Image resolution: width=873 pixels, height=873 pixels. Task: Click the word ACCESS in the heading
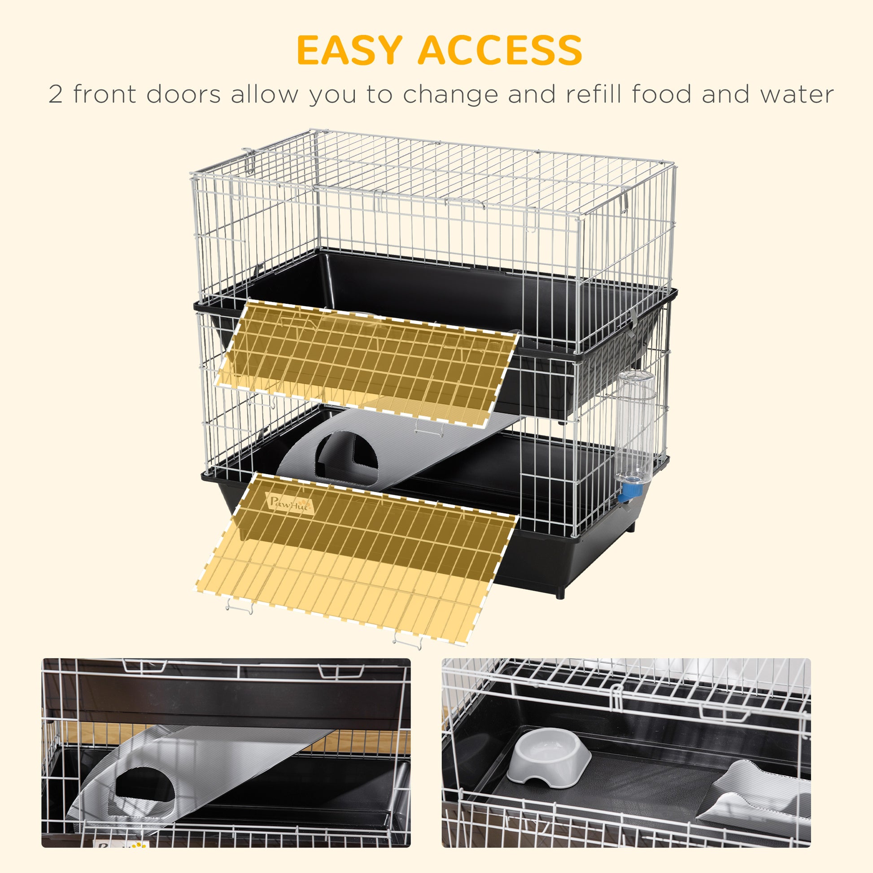[x=500, y=51]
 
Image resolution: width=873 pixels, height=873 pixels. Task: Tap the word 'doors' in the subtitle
[x=183, y=95]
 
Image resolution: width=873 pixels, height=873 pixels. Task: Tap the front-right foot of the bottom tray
[x=560, y=591]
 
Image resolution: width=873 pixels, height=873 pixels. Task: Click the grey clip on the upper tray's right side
[x=633, y=320]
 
